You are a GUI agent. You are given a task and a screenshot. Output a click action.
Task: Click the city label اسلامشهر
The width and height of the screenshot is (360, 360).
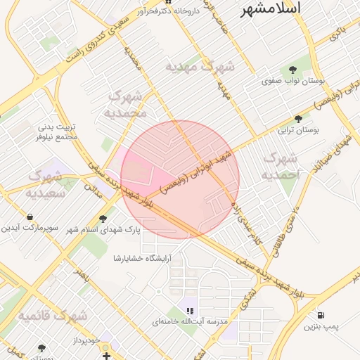pyautogui.click(x=270, y=9)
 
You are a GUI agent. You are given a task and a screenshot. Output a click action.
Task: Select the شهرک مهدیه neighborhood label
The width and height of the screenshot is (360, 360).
pyautogui.click(x=200, y=67)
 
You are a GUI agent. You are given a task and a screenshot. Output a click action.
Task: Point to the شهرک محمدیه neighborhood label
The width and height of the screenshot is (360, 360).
pyautogui.click(x=126, y=103)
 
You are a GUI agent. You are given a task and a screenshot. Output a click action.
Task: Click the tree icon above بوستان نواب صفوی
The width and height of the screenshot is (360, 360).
pyautogui.click(x=293, y=69)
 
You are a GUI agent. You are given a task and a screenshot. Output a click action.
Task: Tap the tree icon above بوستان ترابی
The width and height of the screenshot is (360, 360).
pyautogui.click(x=299, y=119)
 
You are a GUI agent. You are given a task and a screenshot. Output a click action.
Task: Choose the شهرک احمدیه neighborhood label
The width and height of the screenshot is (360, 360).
pyautogui.click(x=278, y=166)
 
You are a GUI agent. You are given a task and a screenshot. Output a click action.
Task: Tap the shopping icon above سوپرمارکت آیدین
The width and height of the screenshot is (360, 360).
pyautogui.click(x=30, y=217)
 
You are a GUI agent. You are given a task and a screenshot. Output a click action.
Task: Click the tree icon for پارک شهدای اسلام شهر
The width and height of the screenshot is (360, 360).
pyautogui.click(x=104, y=219)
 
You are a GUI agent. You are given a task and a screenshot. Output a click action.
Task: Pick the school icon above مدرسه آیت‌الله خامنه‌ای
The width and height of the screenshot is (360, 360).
pyautogui.click(x=189, y=309)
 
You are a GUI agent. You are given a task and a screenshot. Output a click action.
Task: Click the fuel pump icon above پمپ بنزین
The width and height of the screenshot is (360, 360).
pyautogui.click(x=321, y=315)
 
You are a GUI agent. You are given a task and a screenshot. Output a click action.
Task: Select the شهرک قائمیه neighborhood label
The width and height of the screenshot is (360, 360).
pyautogui.click(x=53, y=314)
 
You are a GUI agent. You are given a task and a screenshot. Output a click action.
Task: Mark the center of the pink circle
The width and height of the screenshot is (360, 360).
pyautogui.click(x=180, y=179)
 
